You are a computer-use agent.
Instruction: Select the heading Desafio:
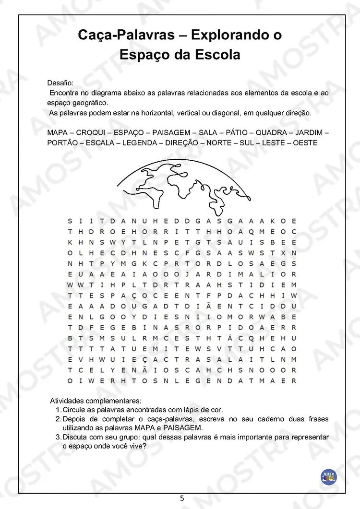60,83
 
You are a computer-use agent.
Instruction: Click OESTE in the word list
305,143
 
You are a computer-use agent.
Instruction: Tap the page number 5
181,498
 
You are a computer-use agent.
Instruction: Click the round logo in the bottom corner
328,476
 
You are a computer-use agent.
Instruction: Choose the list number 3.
58,437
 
